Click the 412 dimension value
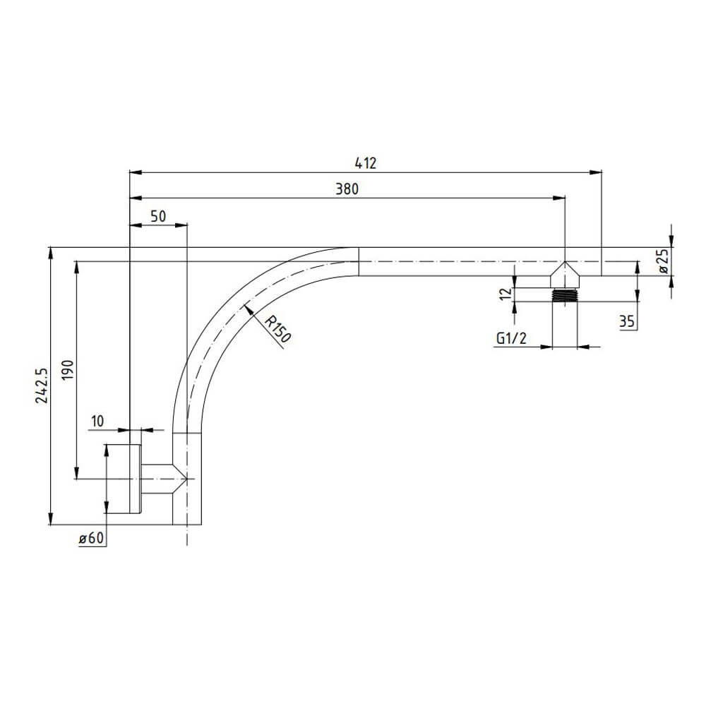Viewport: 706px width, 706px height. [366, 162]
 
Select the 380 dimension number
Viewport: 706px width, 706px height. [347, 189]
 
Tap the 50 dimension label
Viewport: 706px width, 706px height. [158, 216]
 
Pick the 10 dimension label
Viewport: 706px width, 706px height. [97, 421]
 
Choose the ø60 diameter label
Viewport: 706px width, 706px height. [92, 539]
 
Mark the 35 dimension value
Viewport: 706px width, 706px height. [626, 322]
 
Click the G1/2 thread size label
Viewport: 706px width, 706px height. [511, 339]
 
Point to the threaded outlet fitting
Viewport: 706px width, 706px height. [565, 295]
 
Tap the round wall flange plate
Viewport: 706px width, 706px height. [136, 479]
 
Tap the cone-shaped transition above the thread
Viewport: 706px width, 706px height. [565, 275]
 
